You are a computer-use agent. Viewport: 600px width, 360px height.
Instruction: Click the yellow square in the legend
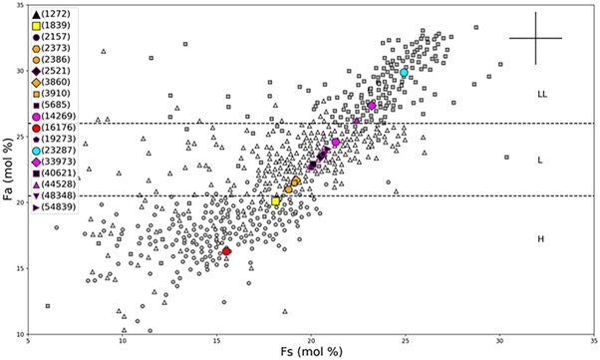35,25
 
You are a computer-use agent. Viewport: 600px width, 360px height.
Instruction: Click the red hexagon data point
226,251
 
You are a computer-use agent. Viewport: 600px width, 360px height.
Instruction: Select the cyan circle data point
405,73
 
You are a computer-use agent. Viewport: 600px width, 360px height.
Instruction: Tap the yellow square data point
276,201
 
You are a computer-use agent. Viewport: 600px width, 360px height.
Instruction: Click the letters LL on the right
542,94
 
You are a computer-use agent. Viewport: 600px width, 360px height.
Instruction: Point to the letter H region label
541,238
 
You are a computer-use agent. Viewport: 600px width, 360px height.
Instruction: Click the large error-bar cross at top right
536,38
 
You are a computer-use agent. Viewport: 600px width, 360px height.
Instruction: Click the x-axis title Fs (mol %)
311,352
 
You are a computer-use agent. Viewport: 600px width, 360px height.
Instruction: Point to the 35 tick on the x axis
593,341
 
